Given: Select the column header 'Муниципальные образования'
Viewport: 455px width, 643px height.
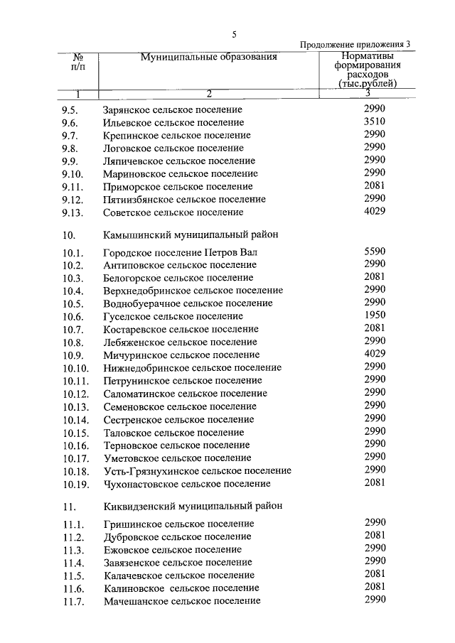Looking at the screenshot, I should point(208,56).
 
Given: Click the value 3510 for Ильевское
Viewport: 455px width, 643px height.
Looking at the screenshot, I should point(374,121).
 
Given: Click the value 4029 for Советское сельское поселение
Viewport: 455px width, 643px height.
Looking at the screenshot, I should point(374,211).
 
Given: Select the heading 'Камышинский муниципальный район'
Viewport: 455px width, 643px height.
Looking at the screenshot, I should point(191,234).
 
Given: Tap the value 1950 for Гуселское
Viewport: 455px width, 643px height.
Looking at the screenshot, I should point(374,315).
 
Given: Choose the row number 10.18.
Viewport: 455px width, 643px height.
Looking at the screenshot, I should point(75,470).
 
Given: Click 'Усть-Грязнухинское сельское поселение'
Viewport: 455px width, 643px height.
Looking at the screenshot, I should point(197,470).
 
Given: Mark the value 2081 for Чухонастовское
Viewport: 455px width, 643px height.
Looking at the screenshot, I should point(374,482).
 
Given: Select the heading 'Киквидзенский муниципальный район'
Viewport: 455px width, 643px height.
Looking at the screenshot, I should point(193,506).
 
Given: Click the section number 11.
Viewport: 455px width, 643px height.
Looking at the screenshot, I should point(68,507).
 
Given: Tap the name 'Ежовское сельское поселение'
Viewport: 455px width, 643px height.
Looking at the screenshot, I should point(172,549).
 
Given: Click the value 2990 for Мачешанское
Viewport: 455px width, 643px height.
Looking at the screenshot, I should point(374,600).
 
